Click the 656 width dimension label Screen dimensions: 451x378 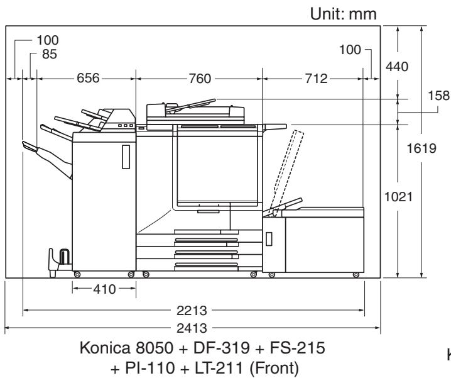point(88,78)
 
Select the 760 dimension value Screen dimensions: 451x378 point(200,79)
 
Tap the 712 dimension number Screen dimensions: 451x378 point(317,79)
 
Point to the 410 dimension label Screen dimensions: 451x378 point(104,289)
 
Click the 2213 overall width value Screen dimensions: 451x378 point(192,311)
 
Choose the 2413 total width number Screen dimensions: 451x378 point(192,328)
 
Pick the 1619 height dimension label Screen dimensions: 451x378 point(421,148)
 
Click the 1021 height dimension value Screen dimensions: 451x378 point(398,197)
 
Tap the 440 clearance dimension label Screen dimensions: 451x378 point(397,67)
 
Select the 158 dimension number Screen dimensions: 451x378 point(439,96)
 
